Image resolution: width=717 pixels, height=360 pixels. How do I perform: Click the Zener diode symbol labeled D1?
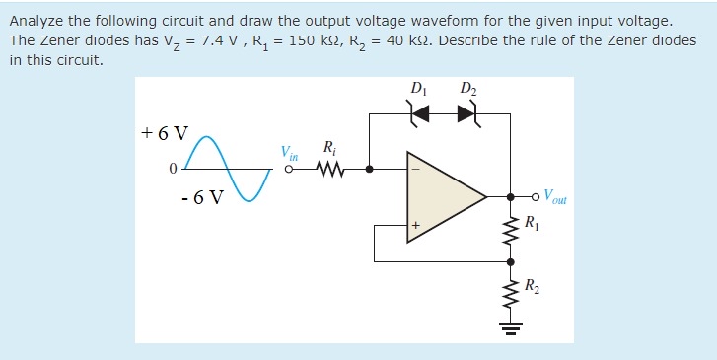[x=420, y=114]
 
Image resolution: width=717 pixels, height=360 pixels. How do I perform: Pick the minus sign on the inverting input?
[x=416, y=169]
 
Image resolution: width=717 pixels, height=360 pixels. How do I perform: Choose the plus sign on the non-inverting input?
[x=416, y=226]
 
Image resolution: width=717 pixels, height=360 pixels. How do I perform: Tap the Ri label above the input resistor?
[x=328, y=148]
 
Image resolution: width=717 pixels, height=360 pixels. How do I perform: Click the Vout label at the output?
[x=558, y=196]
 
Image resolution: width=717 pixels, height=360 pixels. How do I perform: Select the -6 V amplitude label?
[x=202, y=196]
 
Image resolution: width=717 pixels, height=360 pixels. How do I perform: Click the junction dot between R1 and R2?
[x=511, y=262]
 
